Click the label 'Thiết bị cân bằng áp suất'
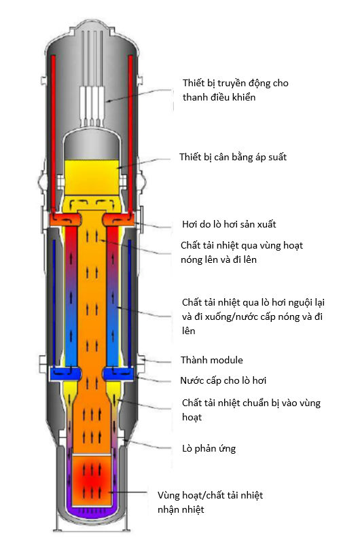point(233,157)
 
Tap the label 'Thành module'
point(211,360)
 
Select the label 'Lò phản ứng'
point(209,449)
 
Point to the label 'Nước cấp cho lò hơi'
point(223,380)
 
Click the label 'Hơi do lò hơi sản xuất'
point(229,224)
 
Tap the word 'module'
point(226,360)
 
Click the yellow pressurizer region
point(92,177)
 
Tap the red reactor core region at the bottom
point(92,479)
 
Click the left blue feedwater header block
point(66,374)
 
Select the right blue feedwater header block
point(118,374)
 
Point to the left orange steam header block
point(66,219)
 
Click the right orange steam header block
point(118,219)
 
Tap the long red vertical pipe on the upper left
point(54,134)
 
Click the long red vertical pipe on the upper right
point(130,134)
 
